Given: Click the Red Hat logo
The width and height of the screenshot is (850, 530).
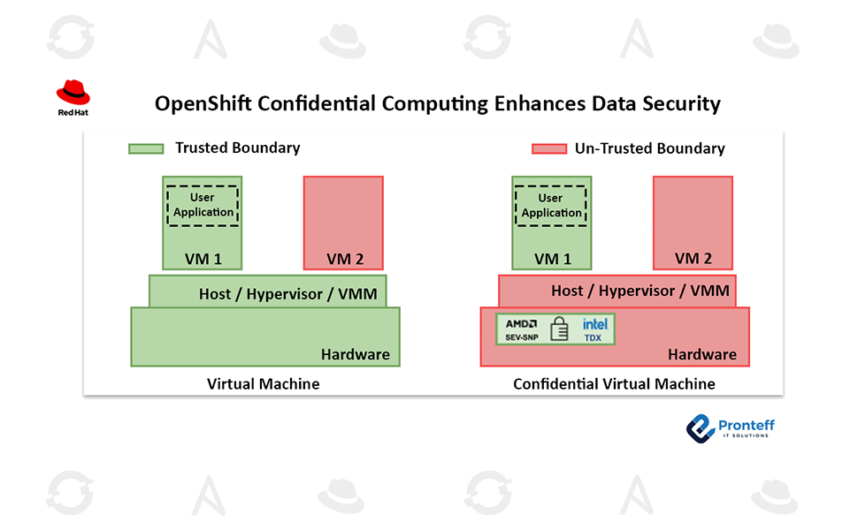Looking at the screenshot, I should pos(73,95).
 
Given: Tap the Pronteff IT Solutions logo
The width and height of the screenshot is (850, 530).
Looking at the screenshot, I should pos(730,429).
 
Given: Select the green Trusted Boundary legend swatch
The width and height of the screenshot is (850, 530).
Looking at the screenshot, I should pos(146,148).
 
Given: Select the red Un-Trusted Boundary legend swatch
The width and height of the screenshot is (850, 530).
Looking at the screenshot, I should pos(548,149).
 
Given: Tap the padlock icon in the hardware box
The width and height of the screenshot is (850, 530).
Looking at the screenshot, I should pos(559,329).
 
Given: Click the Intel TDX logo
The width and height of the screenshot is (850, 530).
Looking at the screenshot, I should pos(594,329).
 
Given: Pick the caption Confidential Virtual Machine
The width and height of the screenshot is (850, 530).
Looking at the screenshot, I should pos(614,384).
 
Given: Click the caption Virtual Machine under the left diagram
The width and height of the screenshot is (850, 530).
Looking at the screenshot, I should pos(264,384).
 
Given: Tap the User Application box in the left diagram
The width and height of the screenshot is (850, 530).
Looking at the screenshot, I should pos(203,205).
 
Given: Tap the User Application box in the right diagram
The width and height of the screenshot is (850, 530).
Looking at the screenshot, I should pos(551,205).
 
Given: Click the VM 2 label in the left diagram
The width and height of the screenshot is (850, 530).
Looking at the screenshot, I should pos(344,259).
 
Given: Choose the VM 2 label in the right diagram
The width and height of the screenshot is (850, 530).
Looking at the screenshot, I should pos(693,259).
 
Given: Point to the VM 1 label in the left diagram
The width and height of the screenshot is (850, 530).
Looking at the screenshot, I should pos(203,259).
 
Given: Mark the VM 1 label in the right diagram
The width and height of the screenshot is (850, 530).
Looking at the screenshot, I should pos(552,259).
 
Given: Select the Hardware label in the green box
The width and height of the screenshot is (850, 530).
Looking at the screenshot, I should pos(355,354).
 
